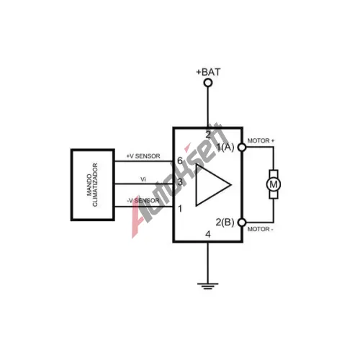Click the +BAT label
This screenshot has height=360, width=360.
point(208,72)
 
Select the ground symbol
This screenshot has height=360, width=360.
point(208,286)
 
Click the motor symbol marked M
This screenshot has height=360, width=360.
point(274,184)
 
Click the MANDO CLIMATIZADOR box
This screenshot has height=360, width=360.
point(93,184)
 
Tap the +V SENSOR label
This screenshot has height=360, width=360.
point(143,156)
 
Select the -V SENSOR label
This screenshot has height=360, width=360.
point(143,201)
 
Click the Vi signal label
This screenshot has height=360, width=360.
point(143,179)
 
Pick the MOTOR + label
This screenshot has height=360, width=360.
point(261,140)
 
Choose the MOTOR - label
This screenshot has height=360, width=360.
point(261,229)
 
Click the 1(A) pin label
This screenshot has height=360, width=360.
point(225,147)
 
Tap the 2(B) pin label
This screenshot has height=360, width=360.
point(225,222)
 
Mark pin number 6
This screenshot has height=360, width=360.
point(180,161)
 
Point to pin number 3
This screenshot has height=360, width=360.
point(180,182)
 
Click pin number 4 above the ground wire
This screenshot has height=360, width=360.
point(208,234)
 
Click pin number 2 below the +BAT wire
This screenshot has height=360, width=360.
point(208,135)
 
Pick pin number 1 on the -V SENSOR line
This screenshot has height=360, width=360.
point(180,209)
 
